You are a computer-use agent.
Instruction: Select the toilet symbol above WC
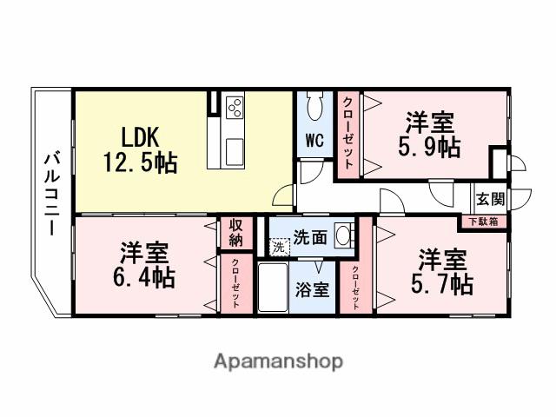(314, 109)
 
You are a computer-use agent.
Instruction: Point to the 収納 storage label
(235, 232)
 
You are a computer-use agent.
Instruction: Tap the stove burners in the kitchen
(235, 108)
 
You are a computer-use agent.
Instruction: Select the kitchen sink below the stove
(235, 150)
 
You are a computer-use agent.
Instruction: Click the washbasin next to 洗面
(343, 234)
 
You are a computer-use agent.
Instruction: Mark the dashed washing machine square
(277, 247)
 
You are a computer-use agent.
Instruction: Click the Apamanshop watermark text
(278, 361)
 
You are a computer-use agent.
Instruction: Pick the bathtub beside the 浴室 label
(277, 289)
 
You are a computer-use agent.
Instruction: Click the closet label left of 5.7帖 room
(355, 286)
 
